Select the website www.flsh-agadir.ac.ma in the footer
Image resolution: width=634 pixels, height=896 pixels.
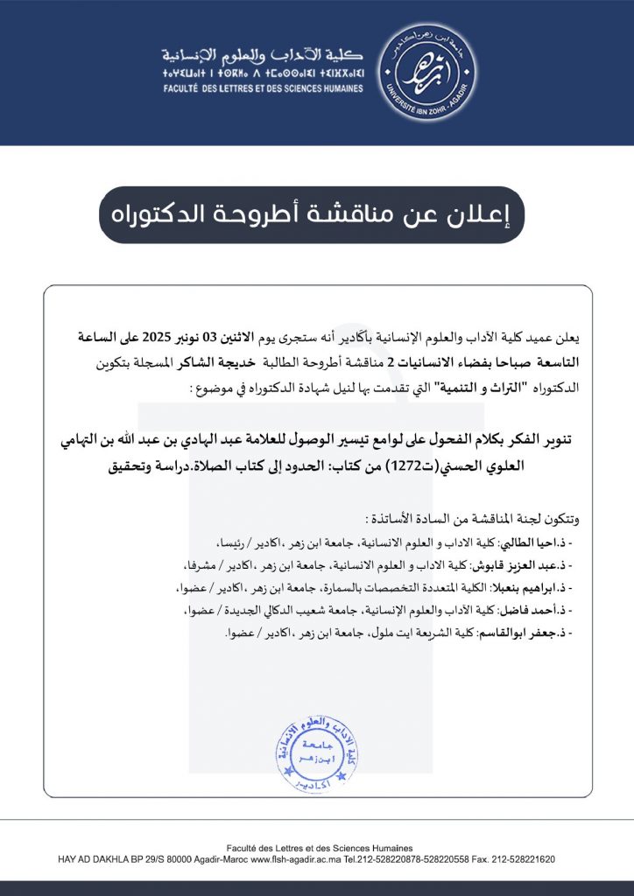click(x=295, y=860)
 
